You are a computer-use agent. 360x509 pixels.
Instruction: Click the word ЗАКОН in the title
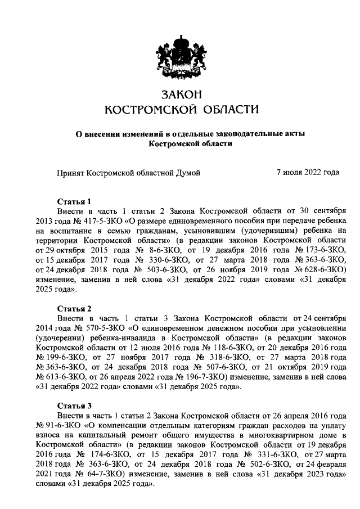click(x=181, y=93)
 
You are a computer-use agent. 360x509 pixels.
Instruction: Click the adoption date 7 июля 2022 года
click(x=308, y=173)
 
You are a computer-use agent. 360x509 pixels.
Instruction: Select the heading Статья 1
click(x=74, y=201)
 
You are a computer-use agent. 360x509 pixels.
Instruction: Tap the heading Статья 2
click(x=74, y=308)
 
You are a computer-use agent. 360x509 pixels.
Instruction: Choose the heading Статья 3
click(x=74, y=406)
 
